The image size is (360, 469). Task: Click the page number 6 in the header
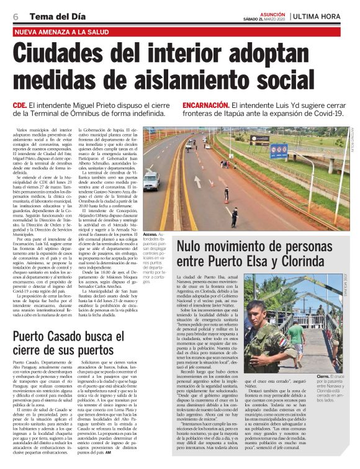click(15, 16)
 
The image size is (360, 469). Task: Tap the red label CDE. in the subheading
click(20, 106)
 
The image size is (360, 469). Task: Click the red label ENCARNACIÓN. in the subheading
click(206, 106)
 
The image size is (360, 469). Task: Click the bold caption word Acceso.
click(150, 234)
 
